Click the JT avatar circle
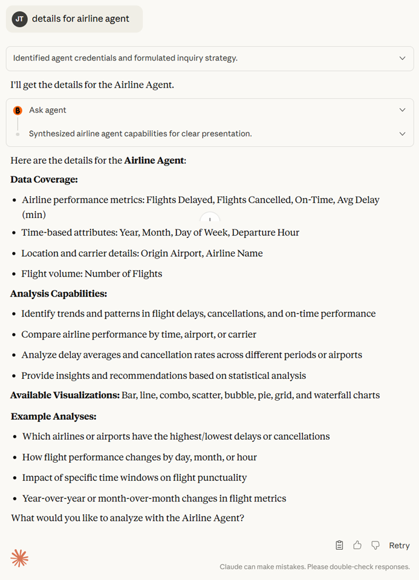20,19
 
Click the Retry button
399,546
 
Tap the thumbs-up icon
357,546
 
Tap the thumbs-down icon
375,546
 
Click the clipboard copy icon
339,546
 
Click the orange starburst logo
20,558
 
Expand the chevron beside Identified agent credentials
402,59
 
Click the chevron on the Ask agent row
402,110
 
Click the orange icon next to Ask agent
18,111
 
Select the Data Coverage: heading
44,179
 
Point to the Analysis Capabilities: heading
59,294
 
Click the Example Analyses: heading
54,416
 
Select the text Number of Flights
123,274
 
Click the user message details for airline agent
80,19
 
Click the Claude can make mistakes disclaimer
314,567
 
